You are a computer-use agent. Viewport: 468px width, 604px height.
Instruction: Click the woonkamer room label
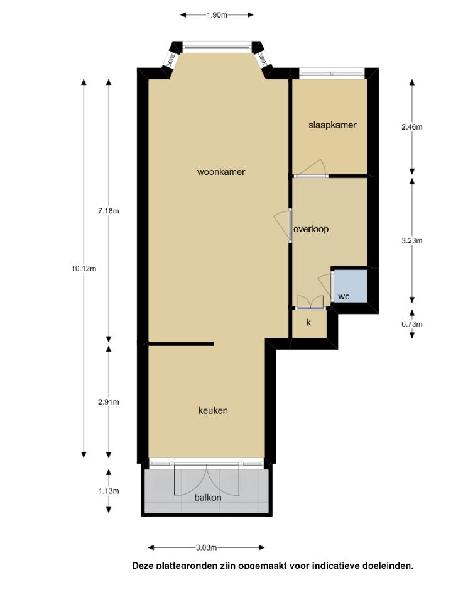(x=221, y=172)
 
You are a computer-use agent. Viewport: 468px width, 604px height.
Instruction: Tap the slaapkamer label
(x=332, y=125)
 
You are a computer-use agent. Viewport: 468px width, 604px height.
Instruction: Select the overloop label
(x=311, y=229)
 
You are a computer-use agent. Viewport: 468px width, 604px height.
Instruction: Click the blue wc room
(x=351, y=286)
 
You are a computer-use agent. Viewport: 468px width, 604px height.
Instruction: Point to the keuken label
(x=213, y=411)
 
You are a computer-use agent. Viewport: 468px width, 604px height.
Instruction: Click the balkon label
(x=208, y=497)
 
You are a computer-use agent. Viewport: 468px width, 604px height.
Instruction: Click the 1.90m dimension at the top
(x=217, y=15)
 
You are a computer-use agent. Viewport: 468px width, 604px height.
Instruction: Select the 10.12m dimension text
(x=84, y=269)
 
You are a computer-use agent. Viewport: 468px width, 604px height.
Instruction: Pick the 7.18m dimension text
(x=109, y=211)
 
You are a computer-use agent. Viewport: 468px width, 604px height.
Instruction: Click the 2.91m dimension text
(x=109, y=402)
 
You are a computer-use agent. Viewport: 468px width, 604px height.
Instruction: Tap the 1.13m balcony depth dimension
(x=109, y=491)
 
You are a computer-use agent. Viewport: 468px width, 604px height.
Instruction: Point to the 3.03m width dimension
(x=207, y=547)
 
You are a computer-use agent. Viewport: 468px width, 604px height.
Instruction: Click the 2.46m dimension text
(x=412, y=126)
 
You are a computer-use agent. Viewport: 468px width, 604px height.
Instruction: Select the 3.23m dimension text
(x=412, y=241)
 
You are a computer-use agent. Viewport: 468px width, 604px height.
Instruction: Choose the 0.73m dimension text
(x=412, y=324)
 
